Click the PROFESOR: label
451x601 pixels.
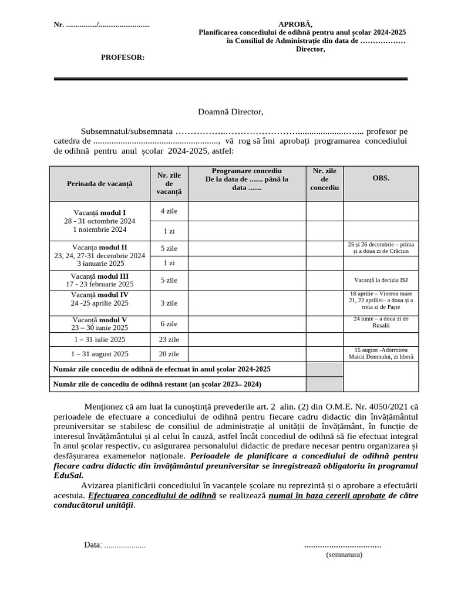click(x=123, y=57)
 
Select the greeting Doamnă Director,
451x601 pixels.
click(x=231, y=112)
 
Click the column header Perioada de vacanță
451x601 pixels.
click(x=100, y=183)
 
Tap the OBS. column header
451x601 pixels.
click(x=381, y=177)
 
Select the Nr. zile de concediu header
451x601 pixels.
click(x=324, y=179)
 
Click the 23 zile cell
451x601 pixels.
click(x=170, y=339)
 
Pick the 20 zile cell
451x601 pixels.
click(x=170, y=354)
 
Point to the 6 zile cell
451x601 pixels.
click(x=170, y=323)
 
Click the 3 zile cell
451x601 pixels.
click(x=170, y=303)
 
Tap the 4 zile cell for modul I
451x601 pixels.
click(x=170, y=211)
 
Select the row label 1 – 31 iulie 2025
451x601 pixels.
click(x=99, y=339)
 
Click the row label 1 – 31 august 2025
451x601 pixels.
click(x=99, y=354)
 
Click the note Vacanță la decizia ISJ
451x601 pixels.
click(x=381, y=280)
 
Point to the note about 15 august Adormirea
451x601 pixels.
click(x=381, y=353)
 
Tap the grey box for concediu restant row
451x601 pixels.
click(x=324, y=384)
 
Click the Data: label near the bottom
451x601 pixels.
click(x=93, y=545)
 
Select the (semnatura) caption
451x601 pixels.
click(x=344, y=554)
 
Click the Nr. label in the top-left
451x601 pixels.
click(x=59, y=25)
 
